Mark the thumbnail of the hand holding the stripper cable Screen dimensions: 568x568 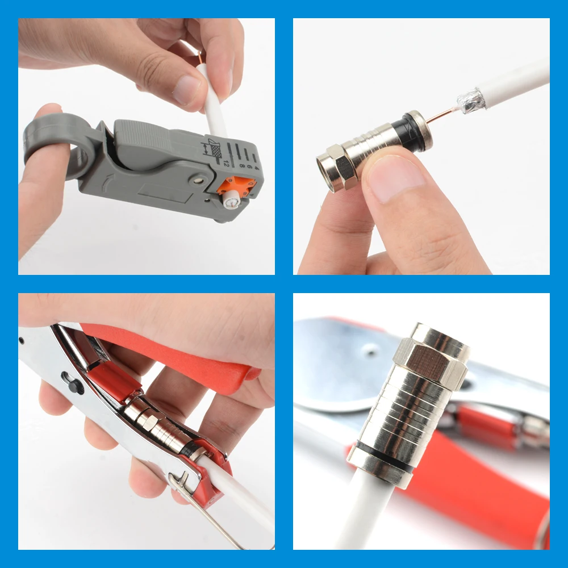click(x=186, y=90)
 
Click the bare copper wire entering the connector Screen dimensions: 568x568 click(x=441, y=115)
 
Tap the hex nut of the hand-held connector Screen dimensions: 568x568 click(x=337, y=168)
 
